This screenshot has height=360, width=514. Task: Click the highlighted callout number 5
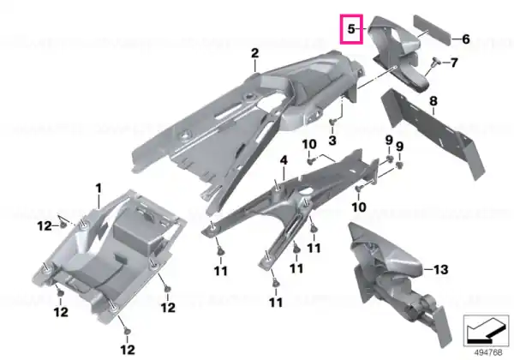pos(351,29)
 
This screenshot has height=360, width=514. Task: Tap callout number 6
pos(466,39)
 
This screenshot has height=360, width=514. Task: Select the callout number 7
pos(454,63)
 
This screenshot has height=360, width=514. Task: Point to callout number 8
pos(433,101)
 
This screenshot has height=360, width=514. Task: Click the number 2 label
pos(255,53)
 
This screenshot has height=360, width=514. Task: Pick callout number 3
pos(332,141)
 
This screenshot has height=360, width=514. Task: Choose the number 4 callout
pos(284,160)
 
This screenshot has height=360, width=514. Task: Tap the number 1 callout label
pos(99,189)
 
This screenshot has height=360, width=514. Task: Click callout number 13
pos(440,269)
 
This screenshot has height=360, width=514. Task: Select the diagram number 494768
pos(488,352)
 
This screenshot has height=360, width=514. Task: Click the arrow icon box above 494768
pos(486,331)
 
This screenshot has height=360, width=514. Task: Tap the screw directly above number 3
pos(332,122)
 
